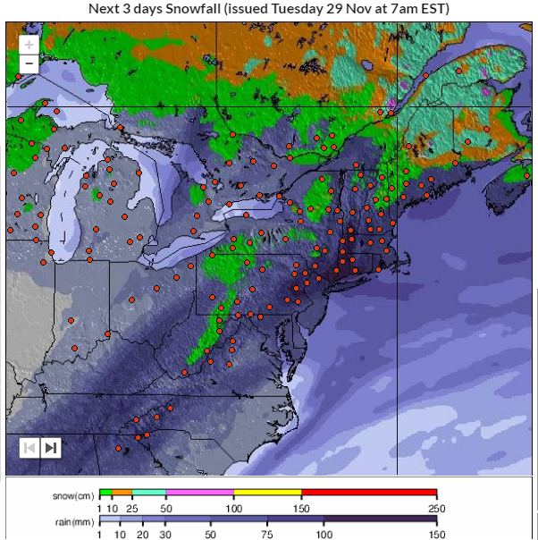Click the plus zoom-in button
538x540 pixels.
coord(29,44)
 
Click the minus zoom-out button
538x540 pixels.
coord(29,63)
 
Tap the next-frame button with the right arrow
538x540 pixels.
coord(51,447)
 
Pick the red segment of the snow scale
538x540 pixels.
coord(369,493)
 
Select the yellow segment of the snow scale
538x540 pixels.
coord(267,493)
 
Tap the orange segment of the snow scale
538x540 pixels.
coord(122,493)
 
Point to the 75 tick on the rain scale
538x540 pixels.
coord(267,533)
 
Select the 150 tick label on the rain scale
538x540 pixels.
coord(436,533)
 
